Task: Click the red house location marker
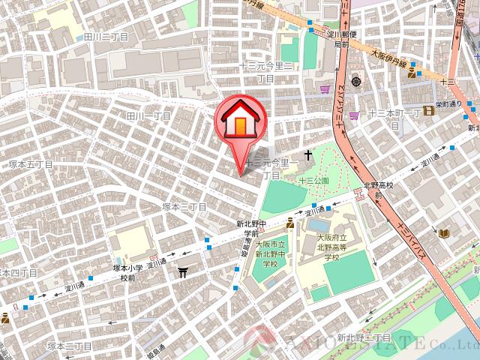coord(238,120)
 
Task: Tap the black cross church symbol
coord(307,156)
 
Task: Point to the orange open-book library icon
coord(444,234)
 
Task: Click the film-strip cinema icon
coord(429,111)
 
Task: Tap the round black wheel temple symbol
coord(356,80)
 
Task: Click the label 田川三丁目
coord(106,36)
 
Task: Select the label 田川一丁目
coord(149,116)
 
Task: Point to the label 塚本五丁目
coord(31,163)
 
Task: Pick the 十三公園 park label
coord(313,181)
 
